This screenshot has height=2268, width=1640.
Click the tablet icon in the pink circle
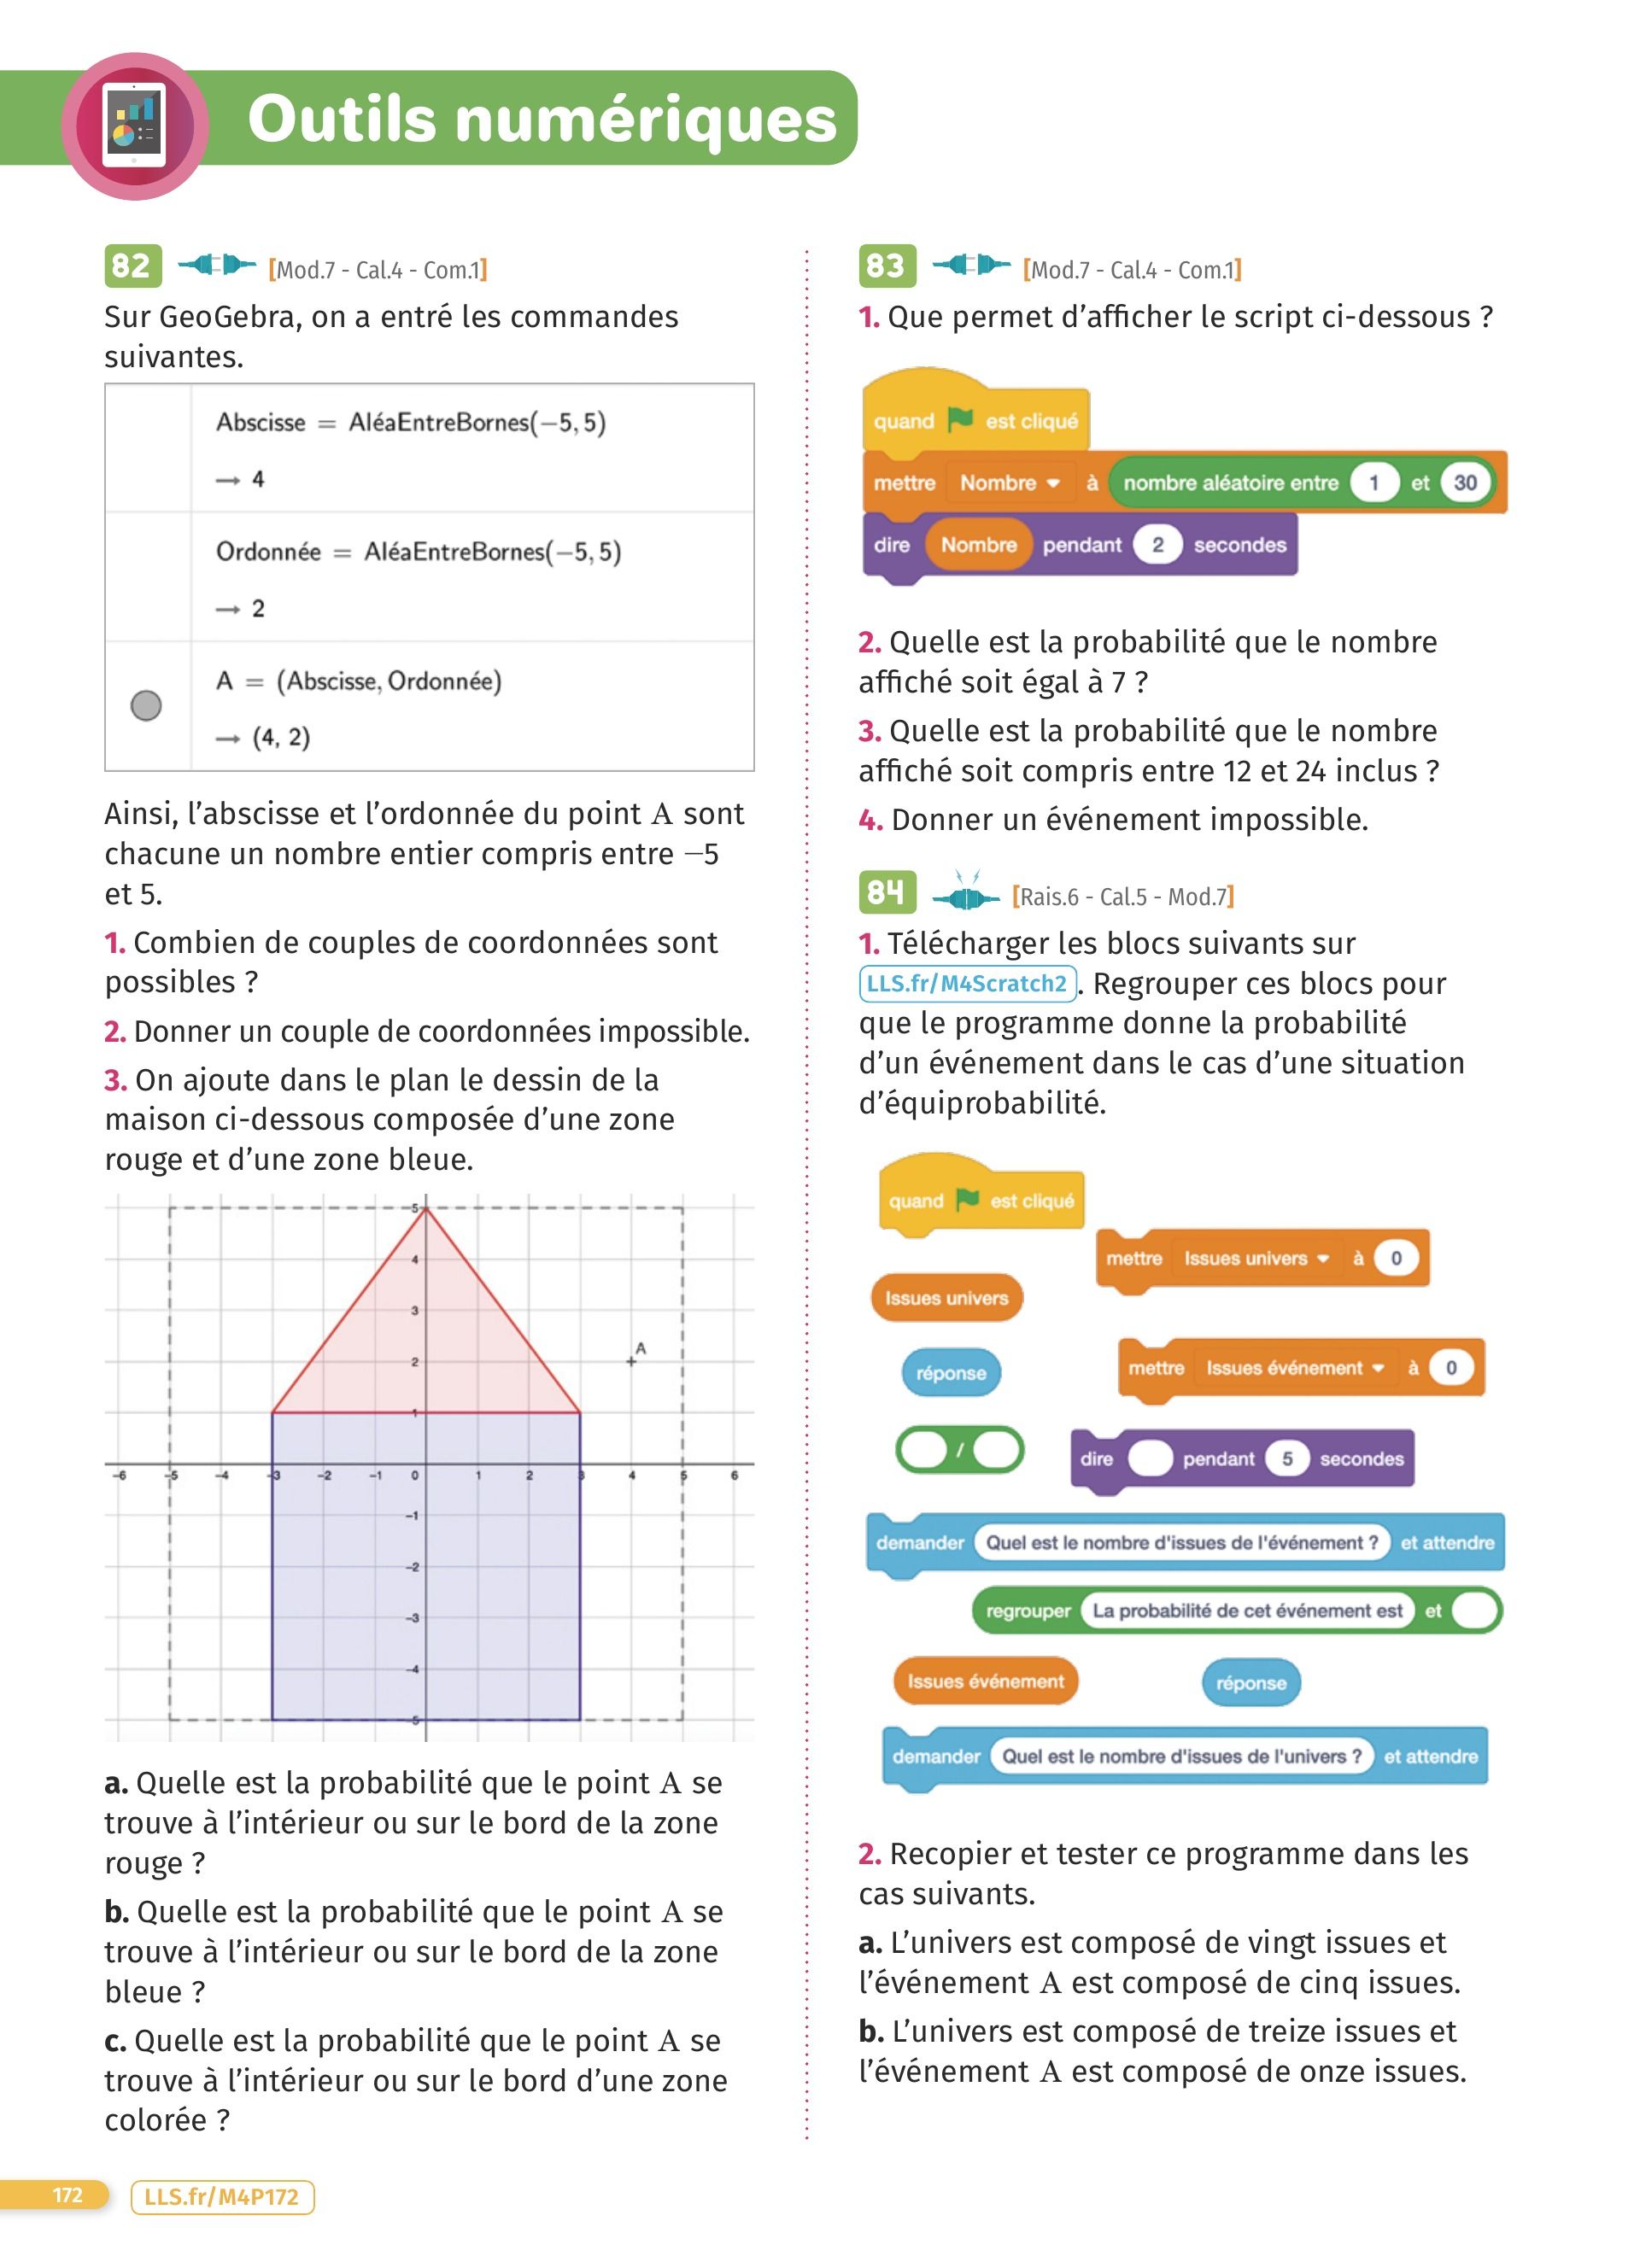[x=135, y=127]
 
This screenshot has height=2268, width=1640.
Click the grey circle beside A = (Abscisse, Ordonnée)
[x=146, y=706]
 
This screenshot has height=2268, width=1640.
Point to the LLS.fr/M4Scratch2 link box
[x=967, y=984]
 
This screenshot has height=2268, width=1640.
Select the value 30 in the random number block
[x=1465, y=483]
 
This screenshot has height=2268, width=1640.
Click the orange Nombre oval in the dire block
[x=978, y=545]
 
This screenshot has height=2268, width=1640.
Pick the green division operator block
[x=960, y=1449]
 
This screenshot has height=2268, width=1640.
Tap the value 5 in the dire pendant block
[x=1287, y=1459]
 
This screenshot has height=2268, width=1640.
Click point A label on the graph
[x=641, y=1348]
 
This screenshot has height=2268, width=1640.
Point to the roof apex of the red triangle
[x=426, y=1210]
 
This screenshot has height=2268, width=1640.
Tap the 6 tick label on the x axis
[x=734, y=1475]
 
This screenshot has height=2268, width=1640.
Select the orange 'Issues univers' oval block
[x=946, y=1298]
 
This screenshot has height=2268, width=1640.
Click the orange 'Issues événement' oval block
[x=985, y=1681]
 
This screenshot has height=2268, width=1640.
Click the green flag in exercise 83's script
[x=960, y=420]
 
